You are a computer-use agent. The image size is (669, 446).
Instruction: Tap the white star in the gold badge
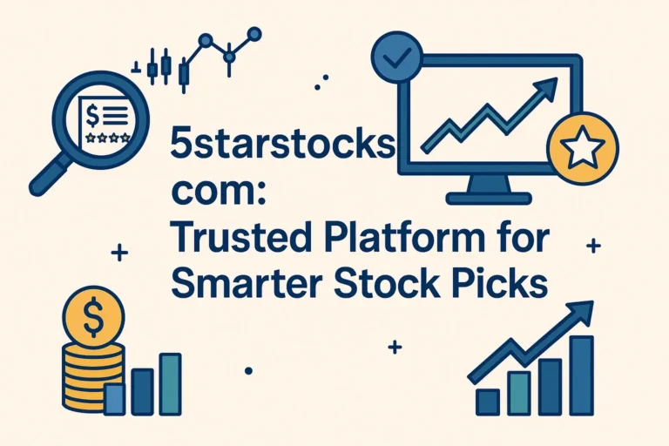[581, 152]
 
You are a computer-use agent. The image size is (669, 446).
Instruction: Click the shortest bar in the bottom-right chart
[488, 401]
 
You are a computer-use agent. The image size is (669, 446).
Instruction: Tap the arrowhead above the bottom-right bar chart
[582, 312]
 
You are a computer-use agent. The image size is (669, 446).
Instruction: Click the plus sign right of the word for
[594, 247]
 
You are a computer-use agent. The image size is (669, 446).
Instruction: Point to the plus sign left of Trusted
[120, 253]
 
